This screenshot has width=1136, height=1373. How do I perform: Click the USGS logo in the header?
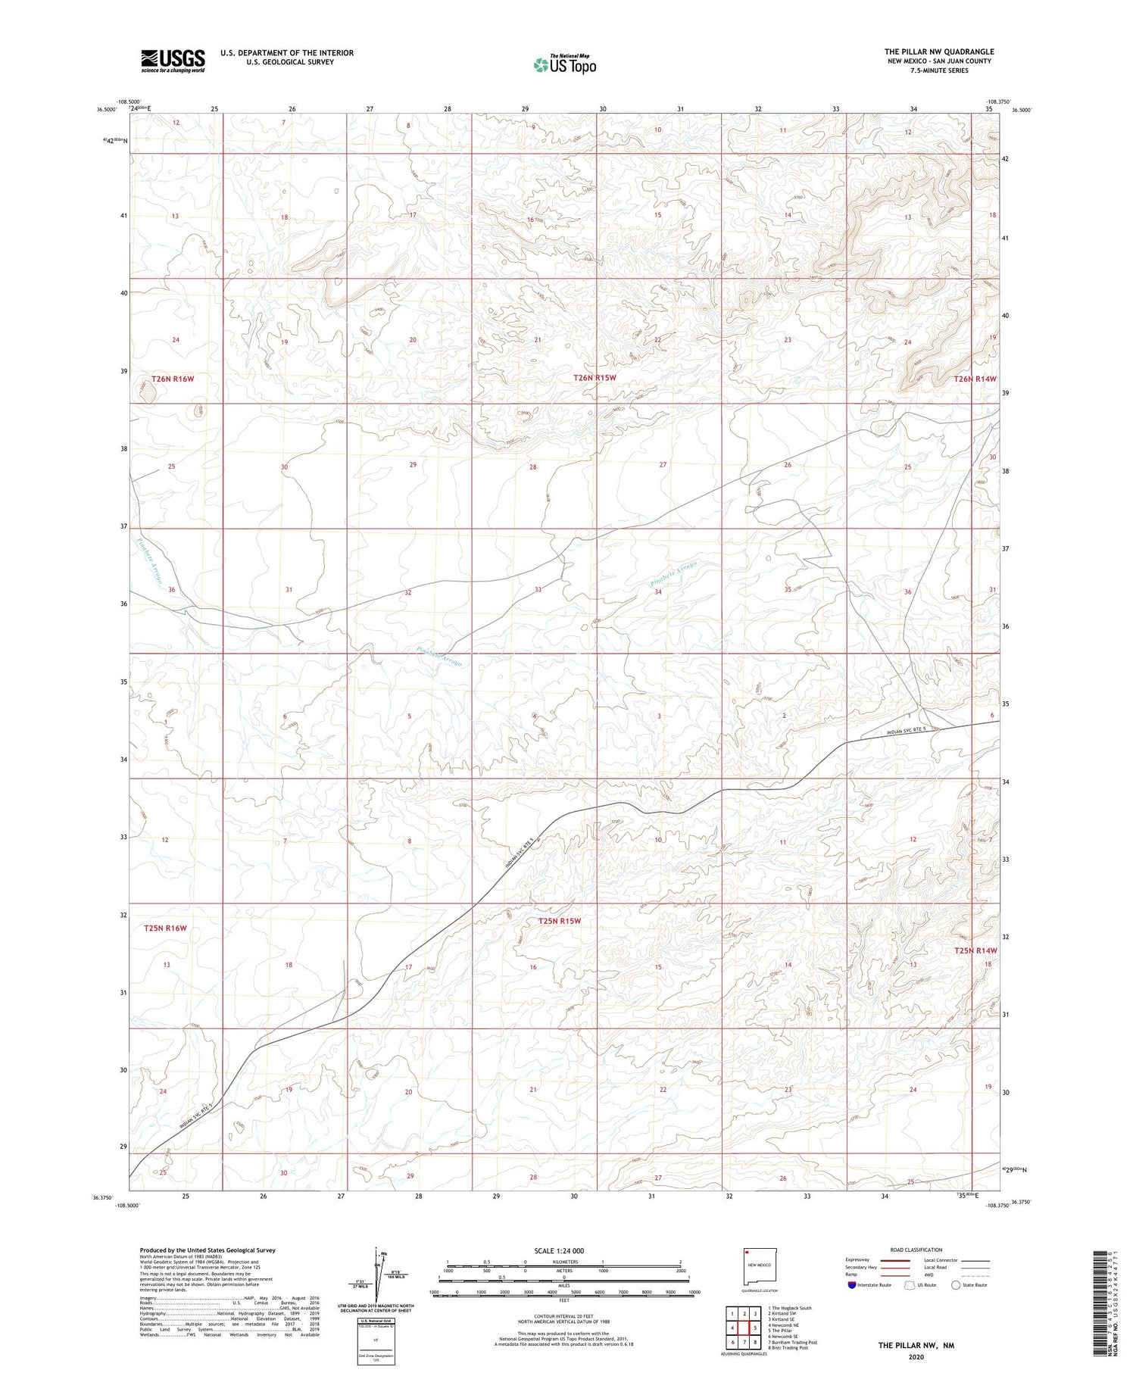click(x=173, y=61)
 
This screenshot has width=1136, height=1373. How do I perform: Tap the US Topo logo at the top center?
click(x=564, y=65)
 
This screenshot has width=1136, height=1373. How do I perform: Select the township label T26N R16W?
click(x=178, y=379)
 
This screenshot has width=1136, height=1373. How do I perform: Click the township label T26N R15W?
click(x=595, y=377)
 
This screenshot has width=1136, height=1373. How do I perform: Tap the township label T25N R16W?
click(x=165, y=928)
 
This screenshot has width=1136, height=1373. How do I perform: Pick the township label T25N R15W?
click(x=559, y=921)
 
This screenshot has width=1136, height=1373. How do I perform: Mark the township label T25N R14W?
click(x=975, y=950)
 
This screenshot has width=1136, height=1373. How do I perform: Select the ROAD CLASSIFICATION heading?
click(x=916, y=1250)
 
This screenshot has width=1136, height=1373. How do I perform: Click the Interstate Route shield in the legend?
click(x=852, y=1285)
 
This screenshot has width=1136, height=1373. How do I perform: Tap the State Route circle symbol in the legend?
click(x=956, y=1285)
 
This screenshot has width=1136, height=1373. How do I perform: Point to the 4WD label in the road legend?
click(x=929, y=1275)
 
